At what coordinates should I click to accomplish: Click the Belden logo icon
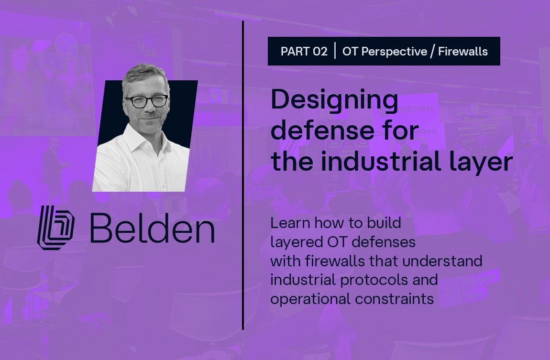click(56, 228)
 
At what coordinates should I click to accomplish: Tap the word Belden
click(152, 228)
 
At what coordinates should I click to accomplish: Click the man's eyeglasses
click(147, 101)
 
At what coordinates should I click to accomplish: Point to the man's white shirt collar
click(147, 140)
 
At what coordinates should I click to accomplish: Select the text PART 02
click(304, 52)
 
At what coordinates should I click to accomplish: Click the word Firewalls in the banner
click(462, 52)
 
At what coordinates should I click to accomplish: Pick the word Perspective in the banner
click(394, 52)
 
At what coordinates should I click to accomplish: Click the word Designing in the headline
click(334, 100)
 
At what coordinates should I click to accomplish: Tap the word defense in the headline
click(323, 130)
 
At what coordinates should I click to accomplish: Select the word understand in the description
click(443, 261)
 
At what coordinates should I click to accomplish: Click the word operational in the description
click(310, 299)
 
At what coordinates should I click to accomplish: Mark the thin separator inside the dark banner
click(335, 51)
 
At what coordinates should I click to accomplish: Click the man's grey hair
click(144, 74)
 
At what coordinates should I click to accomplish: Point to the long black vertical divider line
click(243, 175)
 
